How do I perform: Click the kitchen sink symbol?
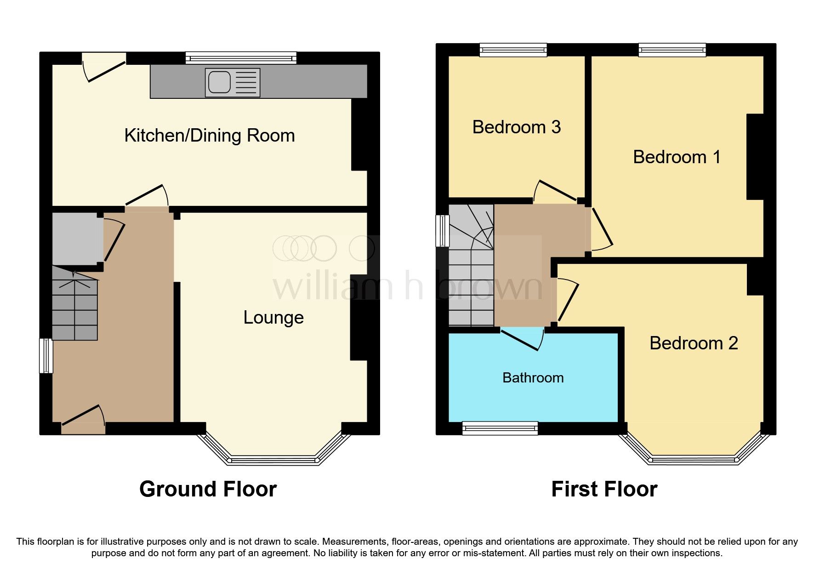pos(233,83)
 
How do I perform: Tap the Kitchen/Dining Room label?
pos(210,136)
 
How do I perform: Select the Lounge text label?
pos(273,318)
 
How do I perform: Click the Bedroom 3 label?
pos(516,127)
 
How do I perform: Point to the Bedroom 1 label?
pos(677,157)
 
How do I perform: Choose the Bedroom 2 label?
pos(693,343)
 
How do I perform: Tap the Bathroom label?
pos(533,378)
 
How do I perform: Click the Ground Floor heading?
pos(208,489)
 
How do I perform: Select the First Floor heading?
pos(604,489)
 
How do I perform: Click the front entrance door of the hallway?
pos(83,418)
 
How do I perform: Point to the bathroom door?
pos(522,339)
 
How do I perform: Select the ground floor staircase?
pos(75,303)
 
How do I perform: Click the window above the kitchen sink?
pos(241,58)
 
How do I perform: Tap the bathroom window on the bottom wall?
pos(500,428)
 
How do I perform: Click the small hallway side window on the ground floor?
pos(46,356)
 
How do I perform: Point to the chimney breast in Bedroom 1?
pos(755,156)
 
